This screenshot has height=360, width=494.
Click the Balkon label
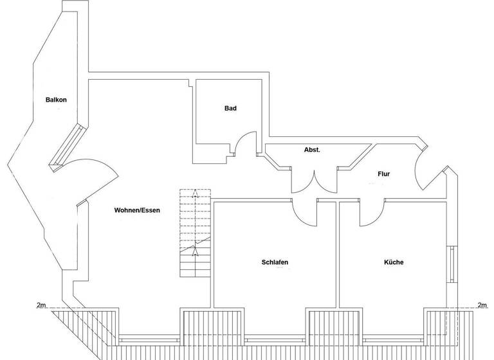(x=57, y=100)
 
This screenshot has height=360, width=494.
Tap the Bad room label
(x=230, y=108)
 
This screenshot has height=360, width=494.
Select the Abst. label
(x=312, y=150)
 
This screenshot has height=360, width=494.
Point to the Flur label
(x=383, y=174)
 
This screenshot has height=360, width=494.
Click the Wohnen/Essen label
(x=137, y=210)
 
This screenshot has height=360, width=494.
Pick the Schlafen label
(x=275, y=262)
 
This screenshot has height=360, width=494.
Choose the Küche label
(x=394, y=262)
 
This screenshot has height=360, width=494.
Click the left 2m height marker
(x=43, y=305)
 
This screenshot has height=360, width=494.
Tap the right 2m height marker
(x=482, y=305)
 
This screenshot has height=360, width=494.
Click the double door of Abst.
(x=314, y=181)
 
